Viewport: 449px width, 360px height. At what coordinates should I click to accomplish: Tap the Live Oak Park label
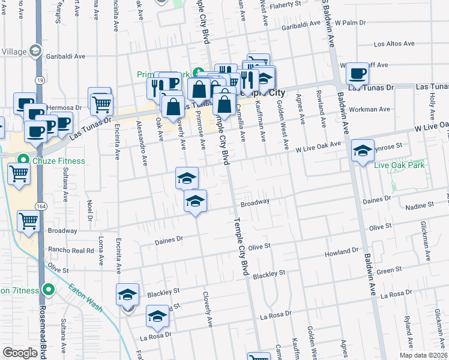click(x=399, y=165)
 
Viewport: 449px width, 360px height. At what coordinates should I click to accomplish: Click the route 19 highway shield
click(x=38, y=79)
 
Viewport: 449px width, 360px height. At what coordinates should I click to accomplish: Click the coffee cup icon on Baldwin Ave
click(x=357, y=74)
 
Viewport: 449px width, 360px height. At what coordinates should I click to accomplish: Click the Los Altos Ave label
click(x=394, y=44)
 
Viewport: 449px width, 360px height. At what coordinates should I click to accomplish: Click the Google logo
click(x=20, y=353)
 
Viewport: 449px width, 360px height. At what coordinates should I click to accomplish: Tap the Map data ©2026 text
click(x=423, y=355)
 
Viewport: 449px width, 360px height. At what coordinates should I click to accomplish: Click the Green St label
click(x=389, y=271)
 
